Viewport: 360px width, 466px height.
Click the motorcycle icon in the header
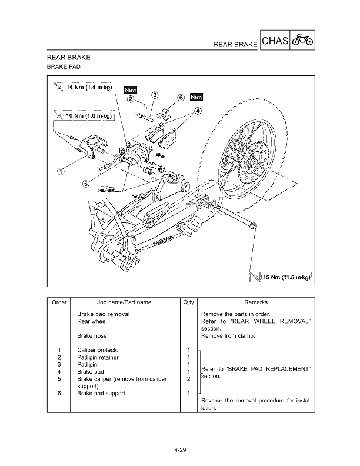tap(302, 41)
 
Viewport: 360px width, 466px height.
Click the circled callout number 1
tap(61, 172)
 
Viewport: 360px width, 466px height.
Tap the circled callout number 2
tap(131, 99)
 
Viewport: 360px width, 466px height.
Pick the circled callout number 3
tap(154, 95)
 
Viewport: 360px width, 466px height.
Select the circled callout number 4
tap(198, 111)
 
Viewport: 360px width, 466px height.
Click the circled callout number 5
tap(86, 183)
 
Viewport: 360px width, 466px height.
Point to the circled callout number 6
tap(181, 98)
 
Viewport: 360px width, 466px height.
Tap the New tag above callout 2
tap(131, 90)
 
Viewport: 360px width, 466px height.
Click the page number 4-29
tap(180, 451)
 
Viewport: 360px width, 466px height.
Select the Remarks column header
tap(255, 302)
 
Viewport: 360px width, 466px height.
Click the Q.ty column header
tap(188, 302)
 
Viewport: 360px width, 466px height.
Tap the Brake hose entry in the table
tap(92, 335)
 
